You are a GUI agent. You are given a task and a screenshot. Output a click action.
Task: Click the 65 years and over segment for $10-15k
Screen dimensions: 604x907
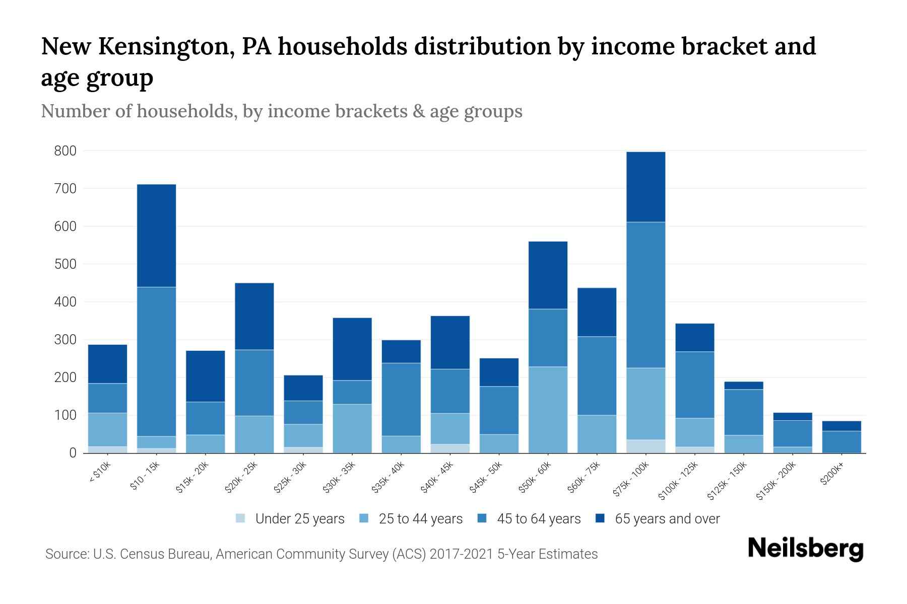point(156,236)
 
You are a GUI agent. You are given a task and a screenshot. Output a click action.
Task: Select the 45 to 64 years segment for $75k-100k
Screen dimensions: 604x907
point(645,295)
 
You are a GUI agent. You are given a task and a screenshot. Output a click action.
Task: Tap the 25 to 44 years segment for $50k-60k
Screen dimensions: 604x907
point(548,410)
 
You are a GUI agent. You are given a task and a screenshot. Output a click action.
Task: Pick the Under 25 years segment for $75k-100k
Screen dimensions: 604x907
point(645,446)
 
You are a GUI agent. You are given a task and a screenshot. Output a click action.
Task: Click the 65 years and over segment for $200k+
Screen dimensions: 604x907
point(841,426)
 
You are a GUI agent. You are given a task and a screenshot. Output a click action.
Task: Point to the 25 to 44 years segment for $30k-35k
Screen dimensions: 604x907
point(352,428)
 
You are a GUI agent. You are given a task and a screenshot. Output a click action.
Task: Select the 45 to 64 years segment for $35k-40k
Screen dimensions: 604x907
point(401,399)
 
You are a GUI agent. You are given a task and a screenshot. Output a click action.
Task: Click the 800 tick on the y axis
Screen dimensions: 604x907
point(66,151)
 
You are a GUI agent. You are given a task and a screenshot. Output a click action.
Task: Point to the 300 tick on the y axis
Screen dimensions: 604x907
point(66,340)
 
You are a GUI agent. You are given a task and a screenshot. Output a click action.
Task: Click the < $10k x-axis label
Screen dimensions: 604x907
point(100,473)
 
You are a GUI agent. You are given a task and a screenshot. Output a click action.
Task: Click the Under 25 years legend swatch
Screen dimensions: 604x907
point(241,518)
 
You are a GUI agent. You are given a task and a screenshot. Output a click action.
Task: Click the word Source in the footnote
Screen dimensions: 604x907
point(66,554)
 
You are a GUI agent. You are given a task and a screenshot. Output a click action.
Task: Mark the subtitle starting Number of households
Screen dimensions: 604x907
point(281,111)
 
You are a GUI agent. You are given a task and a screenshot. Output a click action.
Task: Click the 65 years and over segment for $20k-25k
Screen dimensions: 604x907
point(254,316)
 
